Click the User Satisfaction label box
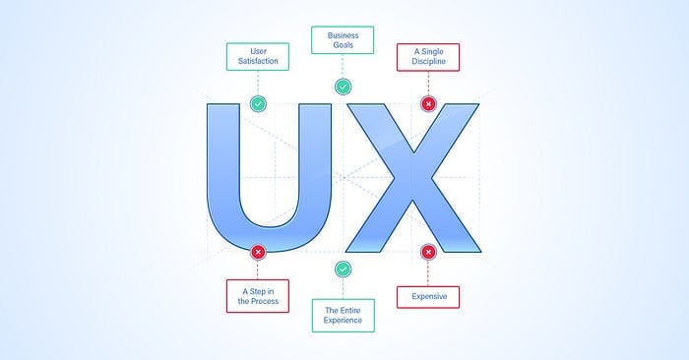(x=258, y=57)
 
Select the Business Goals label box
(x=343, y=40)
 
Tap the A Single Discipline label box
(x=428, y=57)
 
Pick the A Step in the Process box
(x=258, y=296)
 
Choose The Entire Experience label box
(x=344, y=316)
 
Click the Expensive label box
(x=428, y=297)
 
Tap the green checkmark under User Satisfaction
(x=258, y=104)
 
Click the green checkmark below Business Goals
(x=343, y=87)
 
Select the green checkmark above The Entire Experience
(x=343, y=270)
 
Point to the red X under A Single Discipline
(x=428, y=104)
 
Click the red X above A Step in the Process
(x=258, y=252)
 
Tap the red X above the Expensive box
(x=428, y=252)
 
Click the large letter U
(x=221, y=176)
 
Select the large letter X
(x=413, y=178)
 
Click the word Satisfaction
(x=258, y=61)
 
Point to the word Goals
(x=343, y=45)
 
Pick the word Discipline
(x=428, y=61)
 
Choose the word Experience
(x=343, y=321)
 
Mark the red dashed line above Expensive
(x=428, y=273)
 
